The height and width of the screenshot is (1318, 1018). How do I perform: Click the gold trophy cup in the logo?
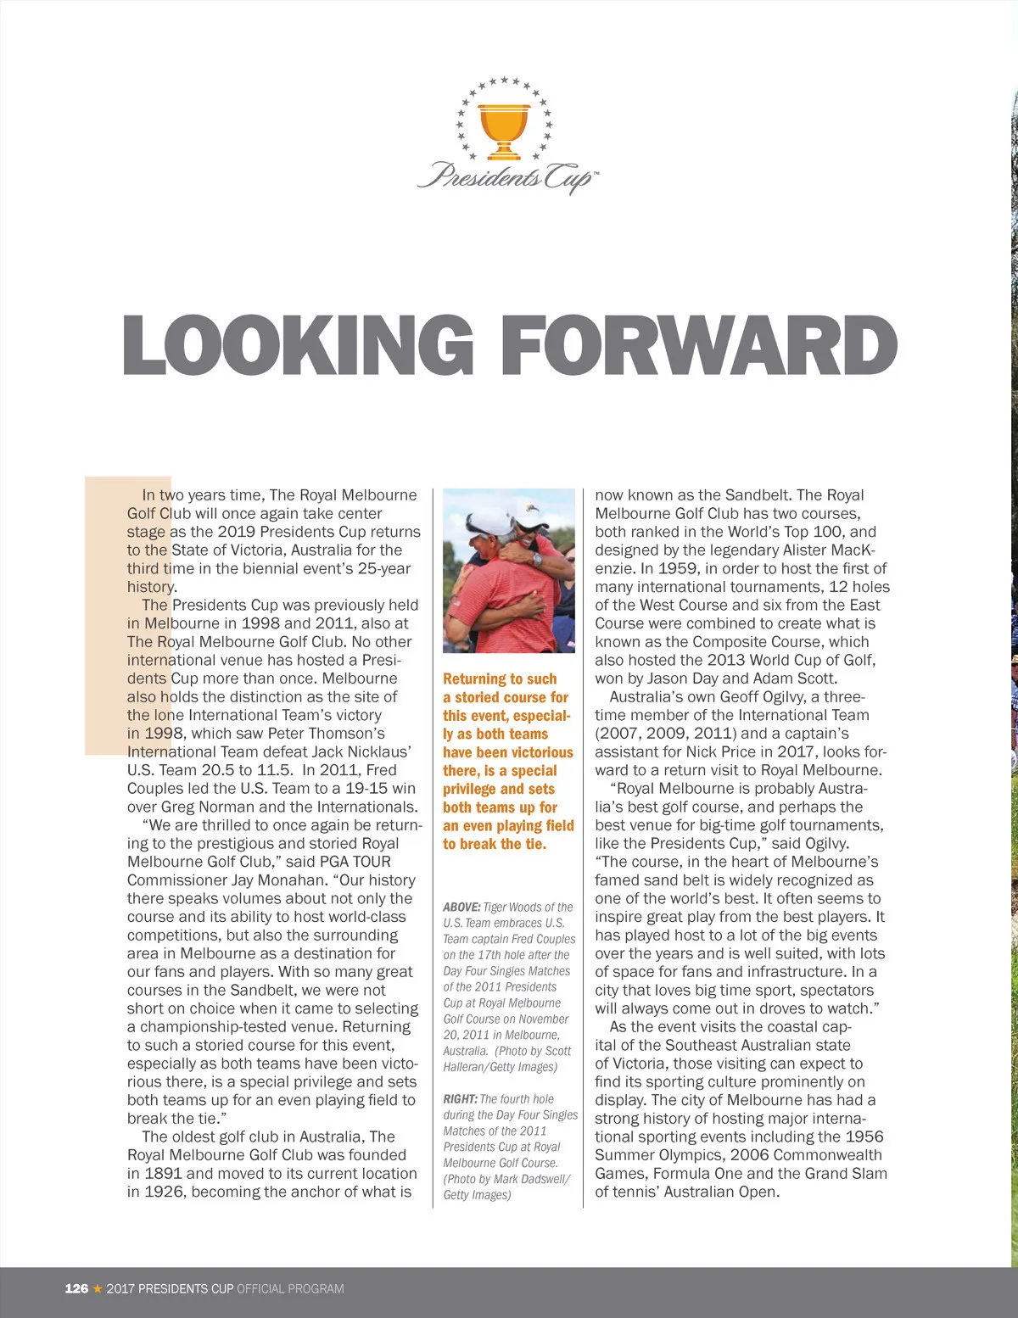(504, 127)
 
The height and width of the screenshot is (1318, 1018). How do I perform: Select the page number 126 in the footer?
(76, 1288)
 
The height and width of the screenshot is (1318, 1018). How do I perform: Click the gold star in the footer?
(98, 1288)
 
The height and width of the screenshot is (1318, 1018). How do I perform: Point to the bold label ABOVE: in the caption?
(461, 907)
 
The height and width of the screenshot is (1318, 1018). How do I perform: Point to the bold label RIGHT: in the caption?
(460, 1098)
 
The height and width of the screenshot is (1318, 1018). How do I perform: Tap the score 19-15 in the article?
(366, 789)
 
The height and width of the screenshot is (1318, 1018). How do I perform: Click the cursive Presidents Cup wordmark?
(507, 176)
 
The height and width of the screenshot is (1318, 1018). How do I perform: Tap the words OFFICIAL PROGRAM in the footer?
(290, 1288)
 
